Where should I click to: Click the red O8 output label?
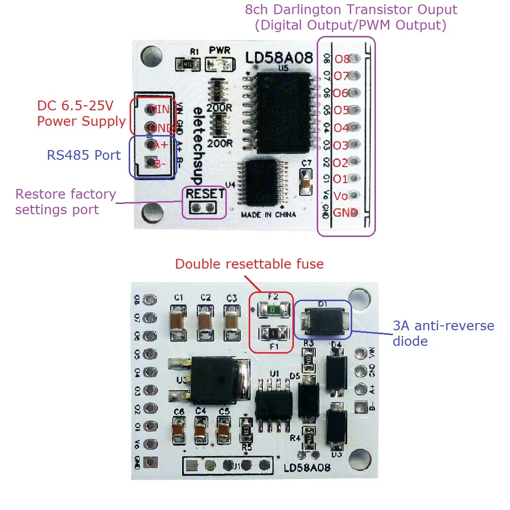pyautogui.click(x=342, y=59)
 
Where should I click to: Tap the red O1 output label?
pyautogui.click(x=340, y=179)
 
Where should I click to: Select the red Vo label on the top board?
pyautogui.click(x=341, y=196)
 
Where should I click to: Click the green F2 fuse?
pyautogui.click(x=272, y=308)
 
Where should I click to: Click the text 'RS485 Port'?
pyautogui.click(x=84, y=155)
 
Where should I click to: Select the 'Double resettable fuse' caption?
pyautogui.click(x=249, y=264)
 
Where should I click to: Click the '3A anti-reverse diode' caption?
pyautogui.click(x=443, y=333)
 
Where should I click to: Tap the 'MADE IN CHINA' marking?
pyautogui.click(x=268, y=214)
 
